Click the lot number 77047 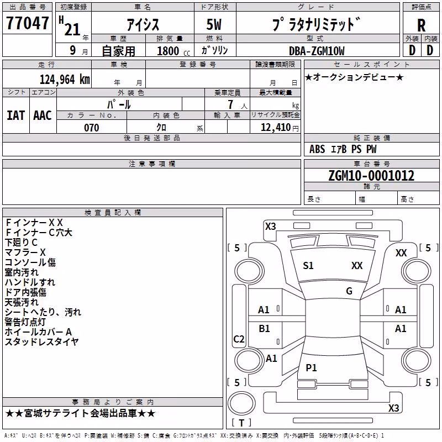27,23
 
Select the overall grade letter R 421,25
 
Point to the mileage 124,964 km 65,80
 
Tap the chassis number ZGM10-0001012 371,176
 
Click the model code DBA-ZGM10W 317,51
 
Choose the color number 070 92,128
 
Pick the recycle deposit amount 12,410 275,128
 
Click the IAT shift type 15,115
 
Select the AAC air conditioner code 43,115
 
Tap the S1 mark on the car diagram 308,266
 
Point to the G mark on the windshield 349,291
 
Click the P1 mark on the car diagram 311,367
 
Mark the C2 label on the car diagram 239,339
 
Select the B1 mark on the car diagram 264,328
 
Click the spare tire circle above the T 241,403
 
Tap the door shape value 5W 214,24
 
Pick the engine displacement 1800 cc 173,51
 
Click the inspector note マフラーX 25,252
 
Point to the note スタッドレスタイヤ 42,341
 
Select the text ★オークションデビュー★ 354,77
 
